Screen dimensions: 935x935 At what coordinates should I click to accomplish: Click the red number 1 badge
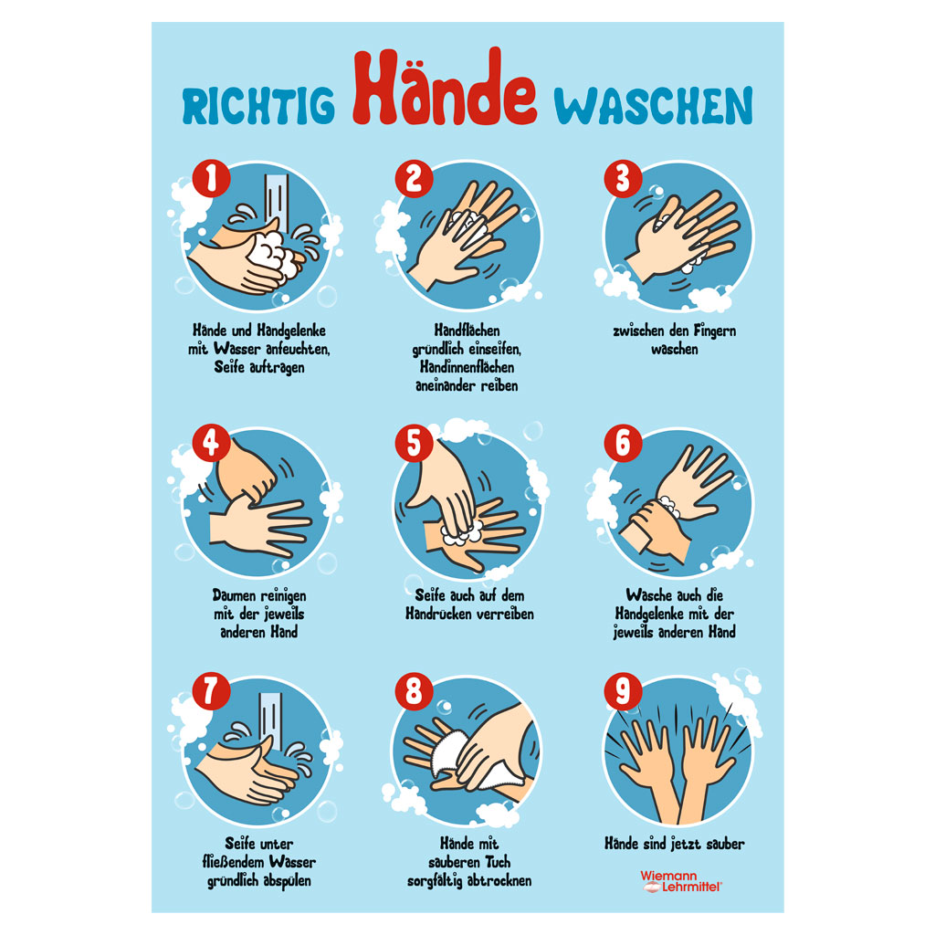click(x=211, y=178)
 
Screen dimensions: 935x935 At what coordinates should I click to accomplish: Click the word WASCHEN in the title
click(x=655, y=106)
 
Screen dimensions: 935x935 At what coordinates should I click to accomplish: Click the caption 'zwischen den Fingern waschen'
click(x=674, y=339)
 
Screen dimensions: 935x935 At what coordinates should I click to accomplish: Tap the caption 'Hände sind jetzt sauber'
click(x=674, y=845)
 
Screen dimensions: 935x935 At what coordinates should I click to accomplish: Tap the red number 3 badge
click(x=623, y=178)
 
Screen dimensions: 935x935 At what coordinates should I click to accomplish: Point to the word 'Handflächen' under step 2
click(x=467, y=330)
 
